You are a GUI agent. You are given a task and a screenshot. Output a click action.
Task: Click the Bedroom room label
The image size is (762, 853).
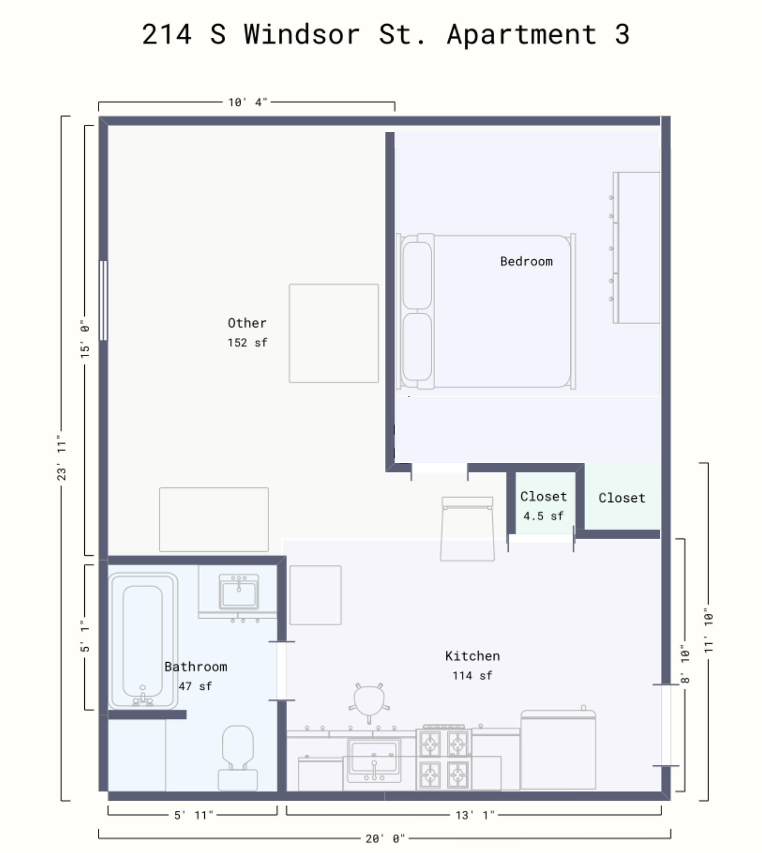(x=526, y=262)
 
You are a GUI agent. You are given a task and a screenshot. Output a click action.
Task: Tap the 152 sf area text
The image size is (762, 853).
(x=247, y=343)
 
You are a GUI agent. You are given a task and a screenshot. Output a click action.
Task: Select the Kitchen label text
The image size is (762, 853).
(x=472, y=655)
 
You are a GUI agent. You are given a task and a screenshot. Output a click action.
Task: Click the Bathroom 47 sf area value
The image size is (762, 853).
(x=195, y=686)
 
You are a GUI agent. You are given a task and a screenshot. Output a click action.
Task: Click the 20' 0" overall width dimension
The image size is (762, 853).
(x=385, y=838)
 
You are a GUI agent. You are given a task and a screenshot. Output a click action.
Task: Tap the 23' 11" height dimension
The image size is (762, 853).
(x=61, y=458)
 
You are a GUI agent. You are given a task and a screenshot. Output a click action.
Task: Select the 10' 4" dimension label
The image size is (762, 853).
(x=247, y=102)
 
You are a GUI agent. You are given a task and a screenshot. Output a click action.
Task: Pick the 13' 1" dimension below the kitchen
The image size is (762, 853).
(x=475, y=815)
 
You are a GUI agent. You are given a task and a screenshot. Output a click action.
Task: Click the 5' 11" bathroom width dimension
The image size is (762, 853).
(x=194, y=815)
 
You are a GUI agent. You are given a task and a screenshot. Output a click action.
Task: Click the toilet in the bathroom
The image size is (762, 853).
(x=238, y=758)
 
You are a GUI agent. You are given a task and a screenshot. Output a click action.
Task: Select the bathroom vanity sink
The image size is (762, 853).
(x=239, y=592)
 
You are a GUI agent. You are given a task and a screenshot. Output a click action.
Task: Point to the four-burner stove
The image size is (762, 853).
(x=444, y=759)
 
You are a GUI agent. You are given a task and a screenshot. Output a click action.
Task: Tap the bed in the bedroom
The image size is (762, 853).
(x=486, y=311)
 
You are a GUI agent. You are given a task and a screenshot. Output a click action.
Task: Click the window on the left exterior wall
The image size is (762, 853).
(x=103, y=300)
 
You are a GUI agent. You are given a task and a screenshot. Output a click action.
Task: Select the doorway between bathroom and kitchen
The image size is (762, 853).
(x=281, y=671)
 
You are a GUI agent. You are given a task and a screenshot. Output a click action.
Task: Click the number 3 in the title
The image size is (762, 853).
(x=622, y=34)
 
